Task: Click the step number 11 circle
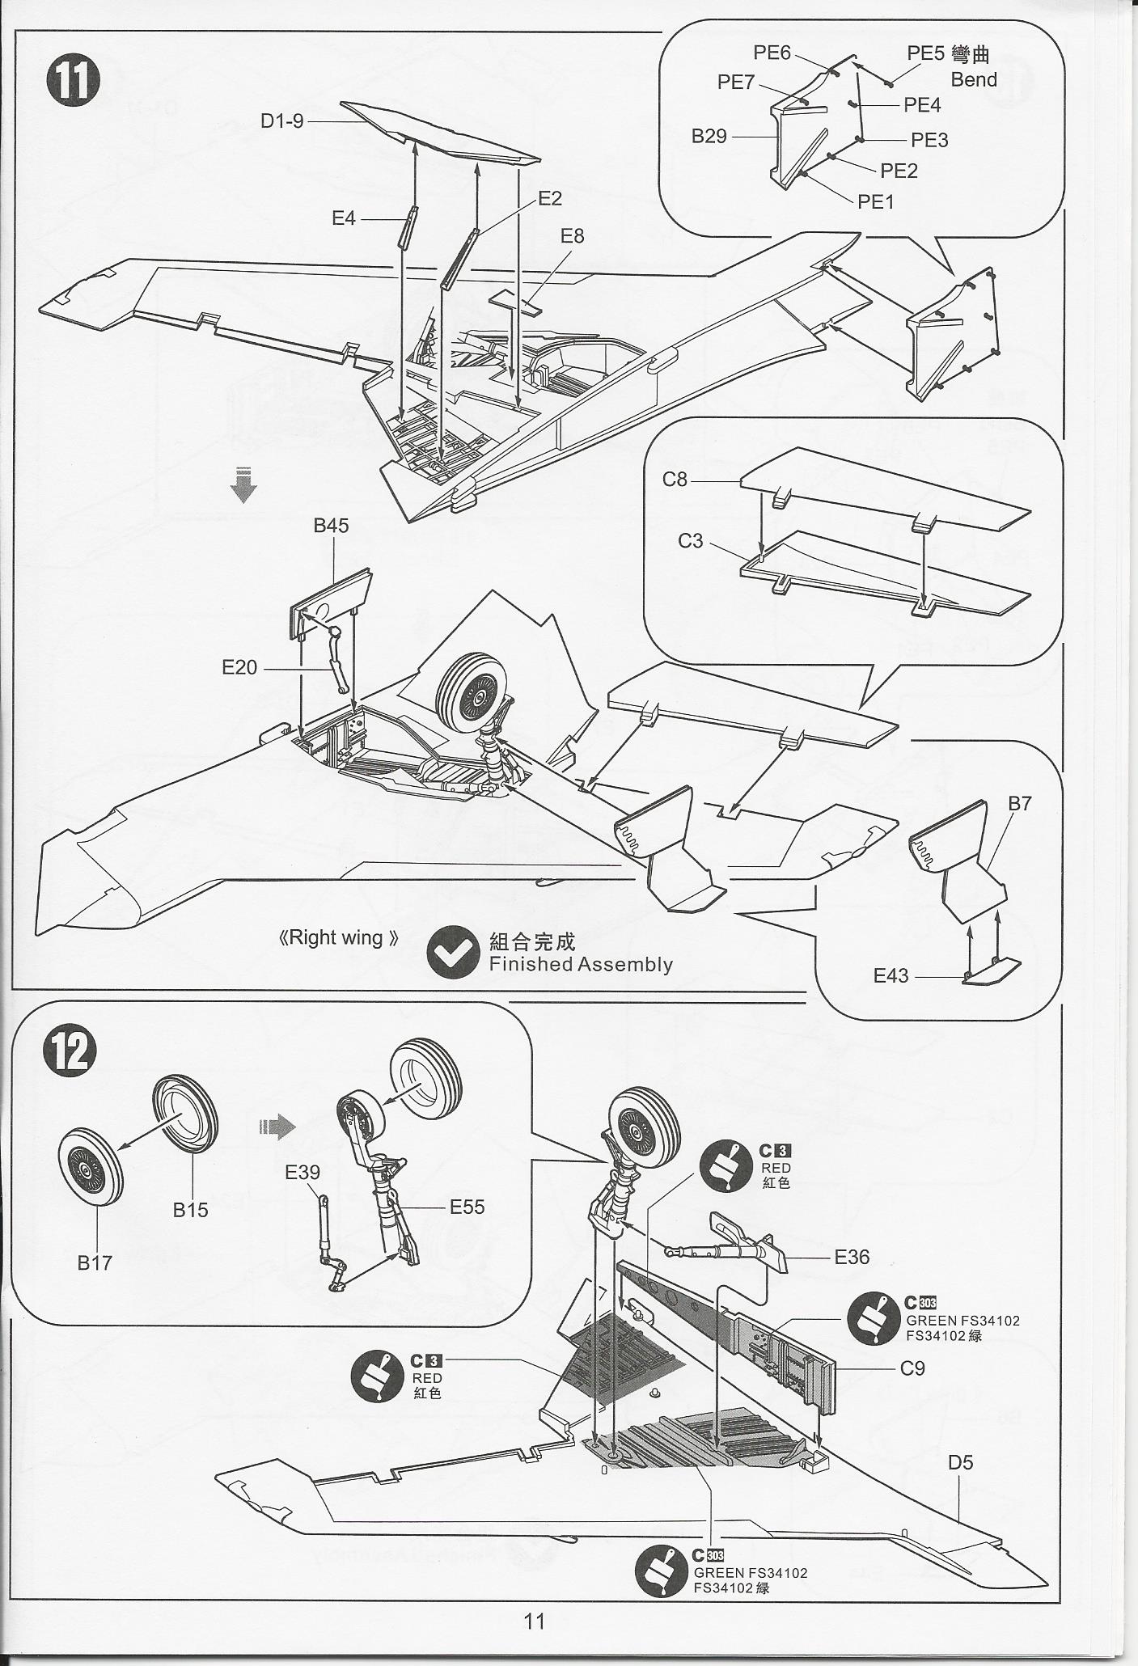click(73, 80)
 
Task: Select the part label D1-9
click(281, 121)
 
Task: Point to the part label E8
click(572, 236)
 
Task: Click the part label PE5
click(925, 53)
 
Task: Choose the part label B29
click(709, 137)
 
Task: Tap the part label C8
click(674, 480)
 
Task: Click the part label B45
click(331, 526)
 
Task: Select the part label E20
click(239, 667)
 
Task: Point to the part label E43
click(891, 975)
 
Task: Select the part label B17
click(95, 1262)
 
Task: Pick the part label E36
click(852, 1257)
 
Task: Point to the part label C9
click(912, 1368)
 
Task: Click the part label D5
click(961, 1462)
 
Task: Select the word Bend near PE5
click(974, 79)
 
